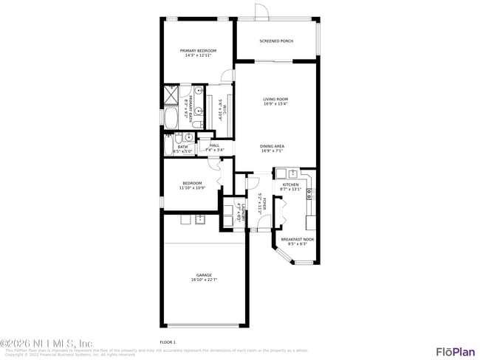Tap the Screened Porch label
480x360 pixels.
[x=276, y=41]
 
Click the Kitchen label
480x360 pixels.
[x=290, y=184]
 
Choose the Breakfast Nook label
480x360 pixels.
[x=297, y=239]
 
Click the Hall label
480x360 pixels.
[x=215, y=145]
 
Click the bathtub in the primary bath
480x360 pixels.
[x=171, y=118]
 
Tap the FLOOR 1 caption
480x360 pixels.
[x=168, y=342]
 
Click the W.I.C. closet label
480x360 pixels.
[x=221, y=111]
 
